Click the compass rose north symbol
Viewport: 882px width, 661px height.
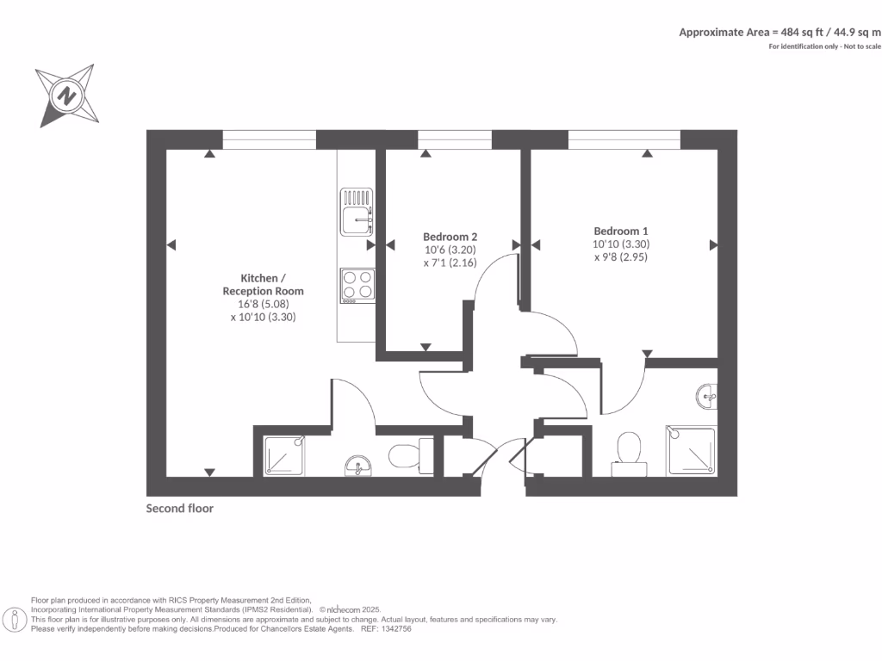tap(65, 94)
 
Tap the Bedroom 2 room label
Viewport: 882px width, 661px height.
tap(450, 237)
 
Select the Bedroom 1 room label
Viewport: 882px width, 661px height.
tap(620, 231)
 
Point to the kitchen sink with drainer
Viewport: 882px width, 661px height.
tap(357, 212)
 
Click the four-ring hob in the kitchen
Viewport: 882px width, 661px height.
tap(357, 285)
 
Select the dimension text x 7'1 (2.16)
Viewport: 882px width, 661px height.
tap(450, 263)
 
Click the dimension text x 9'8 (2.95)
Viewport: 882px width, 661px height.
tap(620, 256)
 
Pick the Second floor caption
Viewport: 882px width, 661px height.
tap(180, 509)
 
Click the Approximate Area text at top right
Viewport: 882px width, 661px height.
tap(780, 32)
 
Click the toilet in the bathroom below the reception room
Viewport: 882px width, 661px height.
tap(410, 454)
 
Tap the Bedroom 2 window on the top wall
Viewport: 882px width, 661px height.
tap(455, 139)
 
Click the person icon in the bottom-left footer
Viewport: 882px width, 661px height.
tap(15, 619)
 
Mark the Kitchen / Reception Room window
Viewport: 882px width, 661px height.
tap(269, 139)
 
